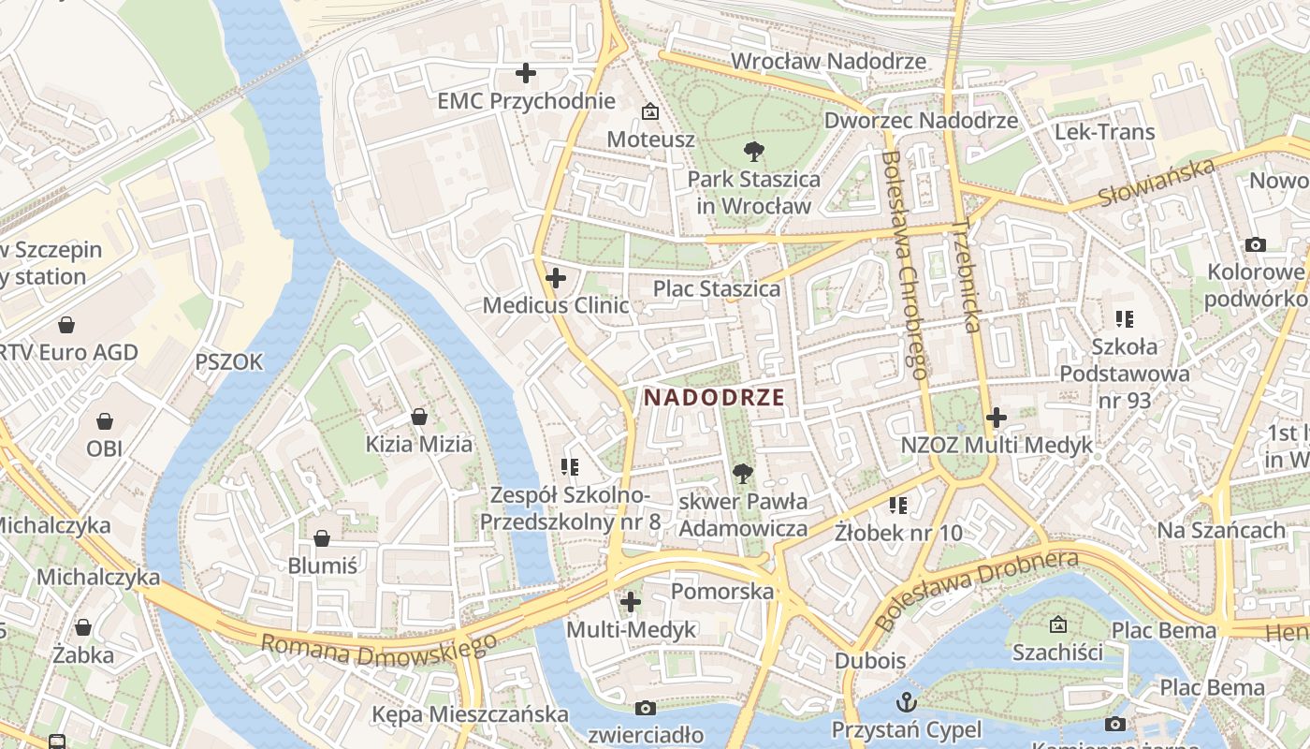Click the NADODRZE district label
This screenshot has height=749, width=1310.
[714, 397]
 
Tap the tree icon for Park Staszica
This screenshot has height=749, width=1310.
[753, 151]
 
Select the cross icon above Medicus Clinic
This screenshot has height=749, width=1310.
[556, 278]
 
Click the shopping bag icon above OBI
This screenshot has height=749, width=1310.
[105, 420]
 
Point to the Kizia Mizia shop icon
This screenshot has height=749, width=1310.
[419, 416]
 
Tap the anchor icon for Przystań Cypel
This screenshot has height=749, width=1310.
[907, 701]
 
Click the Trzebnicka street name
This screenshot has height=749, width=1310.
[967, 276]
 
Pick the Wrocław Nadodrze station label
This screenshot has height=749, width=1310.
[828, 62]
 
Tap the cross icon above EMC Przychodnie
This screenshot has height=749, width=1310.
[526, 73]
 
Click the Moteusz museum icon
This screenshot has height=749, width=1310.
[649, 111]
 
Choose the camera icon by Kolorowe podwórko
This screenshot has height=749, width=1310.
[1256, 245]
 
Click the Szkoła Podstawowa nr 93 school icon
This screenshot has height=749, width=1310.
[1125, 319]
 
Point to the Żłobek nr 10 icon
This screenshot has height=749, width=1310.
[898, 506]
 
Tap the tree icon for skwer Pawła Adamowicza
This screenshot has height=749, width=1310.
[743, 474]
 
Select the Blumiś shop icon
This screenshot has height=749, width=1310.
[322, 538]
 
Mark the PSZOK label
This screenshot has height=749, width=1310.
[229, 361]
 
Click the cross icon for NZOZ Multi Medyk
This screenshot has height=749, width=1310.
[997, 418]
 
